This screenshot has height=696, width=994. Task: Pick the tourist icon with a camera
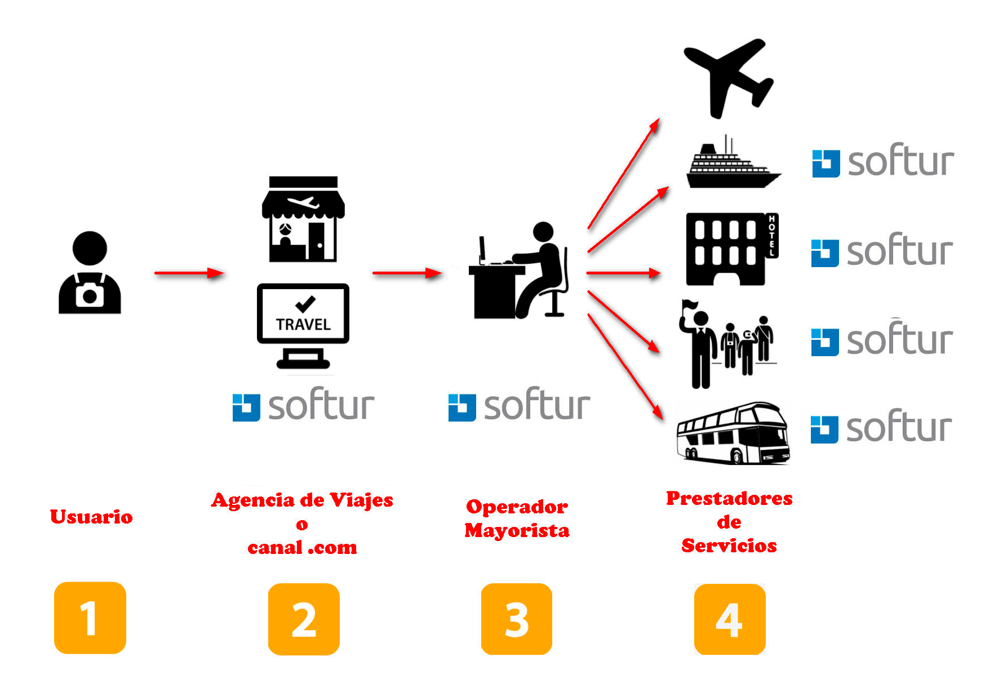[x=90, y=274]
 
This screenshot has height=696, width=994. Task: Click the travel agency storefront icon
[x=303, y=219]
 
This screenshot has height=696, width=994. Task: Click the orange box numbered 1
[x=90, y=618]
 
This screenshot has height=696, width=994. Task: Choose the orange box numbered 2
[x=304, y=619]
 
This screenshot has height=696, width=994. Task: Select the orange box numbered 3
[x=517, y=619]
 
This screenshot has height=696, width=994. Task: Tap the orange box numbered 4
[x=730, y=619]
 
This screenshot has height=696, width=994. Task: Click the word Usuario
[x=91, y=517]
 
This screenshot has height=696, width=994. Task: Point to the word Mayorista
[x=517, y=530]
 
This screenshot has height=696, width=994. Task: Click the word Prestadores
[x=729, y=498]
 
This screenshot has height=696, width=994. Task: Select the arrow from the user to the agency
[x=189, y=273]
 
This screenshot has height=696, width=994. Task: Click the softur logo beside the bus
[x=882, y=428]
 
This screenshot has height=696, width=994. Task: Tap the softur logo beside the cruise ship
[x=883, y=162]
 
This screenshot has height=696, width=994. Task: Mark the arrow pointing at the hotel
[x=623, y=273]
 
